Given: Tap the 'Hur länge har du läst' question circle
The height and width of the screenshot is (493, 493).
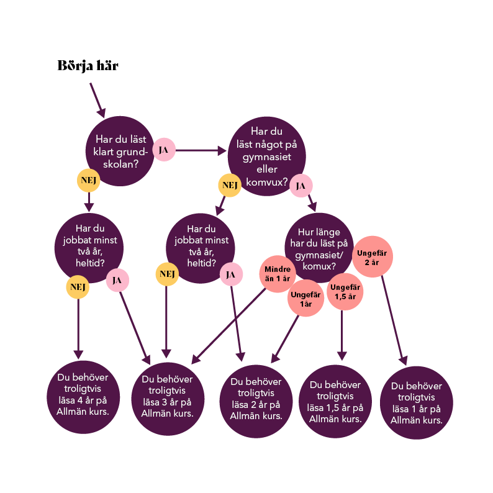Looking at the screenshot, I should pos(319,248).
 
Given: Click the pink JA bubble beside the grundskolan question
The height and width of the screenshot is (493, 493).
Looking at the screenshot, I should pos(164,150).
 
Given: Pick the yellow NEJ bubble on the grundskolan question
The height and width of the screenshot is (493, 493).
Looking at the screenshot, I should pos(88,180).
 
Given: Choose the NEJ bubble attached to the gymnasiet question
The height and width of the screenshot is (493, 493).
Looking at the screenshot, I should pos(230,185).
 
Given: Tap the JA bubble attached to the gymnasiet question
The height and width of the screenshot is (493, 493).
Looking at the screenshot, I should pos(301,185).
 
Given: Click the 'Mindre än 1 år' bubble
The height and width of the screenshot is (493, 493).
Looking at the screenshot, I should pos(277,273).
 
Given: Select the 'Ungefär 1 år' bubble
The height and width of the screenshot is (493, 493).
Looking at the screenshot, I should pos(305,299).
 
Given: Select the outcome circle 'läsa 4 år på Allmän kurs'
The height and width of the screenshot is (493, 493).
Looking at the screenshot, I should pos(83,397).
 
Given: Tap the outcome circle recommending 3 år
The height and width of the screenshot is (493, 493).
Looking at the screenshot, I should pos(168,398).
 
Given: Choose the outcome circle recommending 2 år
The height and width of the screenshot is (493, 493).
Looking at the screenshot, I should pos(256,400).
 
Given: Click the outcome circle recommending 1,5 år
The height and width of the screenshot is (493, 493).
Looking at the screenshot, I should pos(335,401).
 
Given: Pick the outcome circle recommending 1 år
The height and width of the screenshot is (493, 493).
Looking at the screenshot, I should pos(417,402).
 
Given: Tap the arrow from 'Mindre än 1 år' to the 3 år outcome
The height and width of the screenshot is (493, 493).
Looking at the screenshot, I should pos(230,327).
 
